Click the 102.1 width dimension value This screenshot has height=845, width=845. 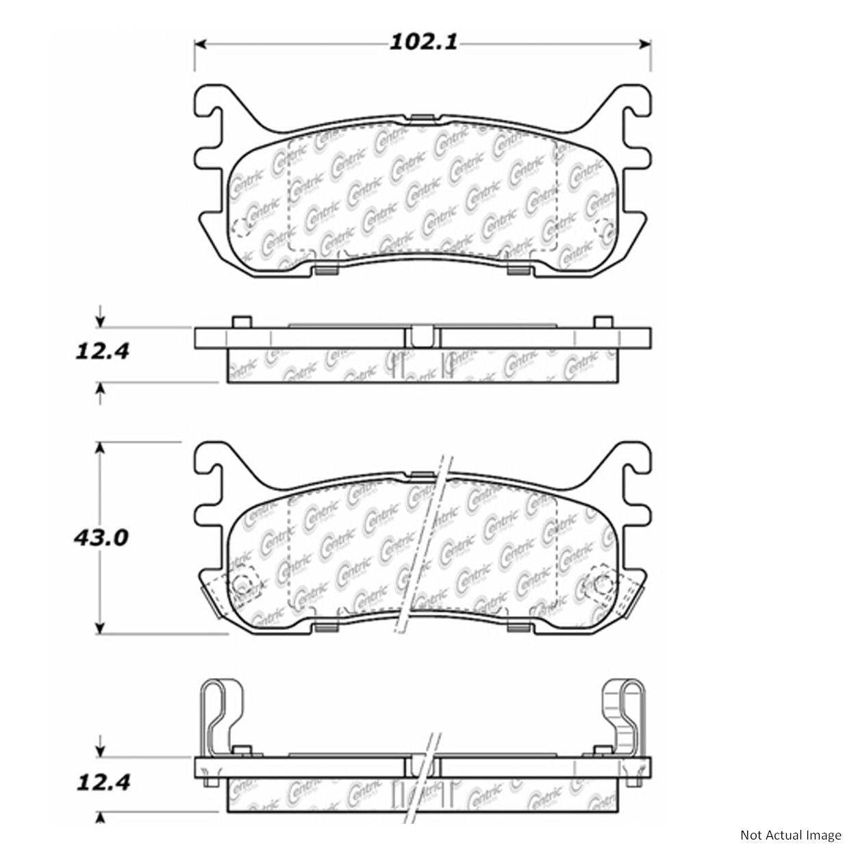(422, 42)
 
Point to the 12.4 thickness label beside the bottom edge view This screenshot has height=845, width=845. (101, 781)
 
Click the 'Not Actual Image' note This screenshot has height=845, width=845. (790, 834)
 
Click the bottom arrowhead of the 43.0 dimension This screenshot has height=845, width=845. (101, 628)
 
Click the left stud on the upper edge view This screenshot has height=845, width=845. (240, 323)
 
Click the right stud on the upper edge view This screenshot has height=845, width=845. (603, 323)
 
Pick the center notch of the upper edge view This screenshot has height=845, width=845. (421, 336)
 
